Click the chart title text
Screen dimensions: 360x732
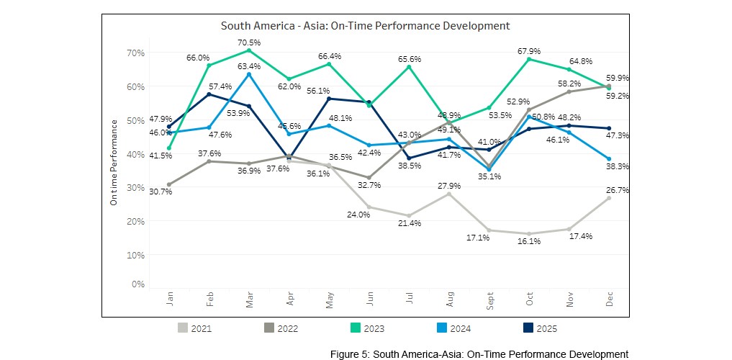pos(365,26)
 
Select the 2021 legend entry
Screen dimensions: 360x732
pos(195,328)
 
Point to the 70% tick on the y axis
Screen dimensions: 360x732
pos(136,53)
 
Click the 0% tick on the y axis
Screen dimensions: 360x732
pos(138,284)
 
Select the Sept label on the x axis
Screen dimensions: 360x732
pos(489,302)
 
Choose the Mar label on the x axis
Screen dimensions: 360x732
pos(249,302)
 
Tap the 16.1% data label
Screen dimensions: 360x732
pos(529,241)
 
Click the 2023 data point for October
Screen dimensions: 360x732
pos(529,59)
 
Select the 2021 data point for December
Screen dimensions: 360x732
pos(609,198)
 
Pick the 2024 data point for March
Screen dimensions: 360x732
pos(249,74)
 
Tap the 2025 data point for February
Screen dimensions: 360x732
pos(209,94)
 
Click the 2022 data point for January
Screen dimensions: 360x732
pos(169,184)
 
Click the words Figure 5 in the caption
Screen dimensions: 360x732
pos(348,354)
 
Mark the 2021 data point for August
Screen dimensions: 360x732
pos(449,194)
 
